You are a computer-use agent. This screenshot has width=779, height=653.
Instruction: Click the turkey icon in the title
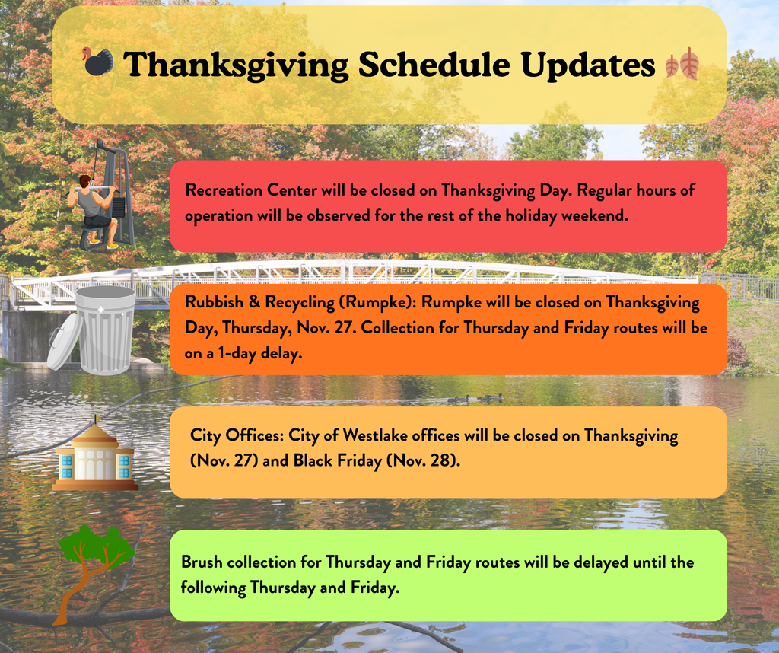pyautogui.click(x=98, y=63)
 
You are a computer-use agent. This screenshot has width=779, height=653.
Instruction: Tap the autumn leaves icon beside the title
pyautogui.click(x=682, y=64)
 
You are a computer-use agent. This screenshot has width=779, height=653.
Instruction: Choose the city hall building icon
pyautogui.click(x=95, y=457)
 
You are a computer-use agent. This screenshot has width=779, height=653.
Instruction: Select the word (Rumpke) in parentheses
pyautogui.click(x=383, y=302)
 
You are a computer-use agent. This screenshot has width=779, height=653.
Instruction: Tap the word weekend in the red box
pyautogui.click(x=596, y=215)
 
